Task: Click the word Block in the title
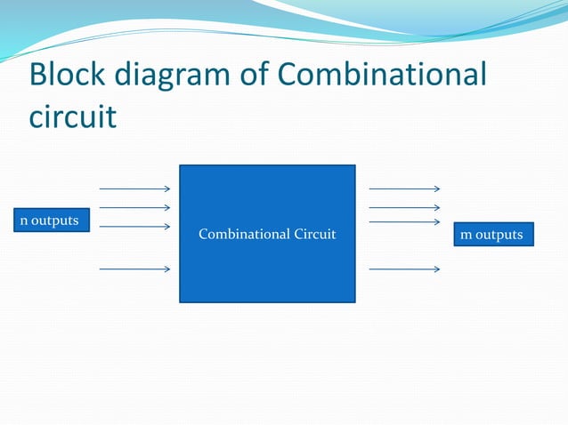click(x=69, y=76)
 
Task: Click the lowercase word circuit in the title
click(x=72, y=116)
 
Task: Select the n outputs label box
click(x=50, y=220)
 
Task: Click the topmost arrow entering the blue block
click(x=134, y=188)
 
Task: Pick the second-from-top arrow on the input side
click(x=134, y=208)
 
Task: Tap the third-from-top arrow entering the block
click(x=134, y=227)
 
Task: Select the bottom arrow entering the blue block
click(x=134, y=268)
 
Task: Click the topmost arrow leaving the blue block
click(x=404, y=188)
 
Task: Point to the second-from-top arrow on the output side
click(x=404, y=208)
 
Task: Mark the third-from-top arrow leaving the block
click(x=404, y=221)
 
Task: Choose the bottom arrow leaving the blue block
click(x=404, y=268)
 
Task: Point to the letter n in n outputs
click(x=24, y=221)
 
